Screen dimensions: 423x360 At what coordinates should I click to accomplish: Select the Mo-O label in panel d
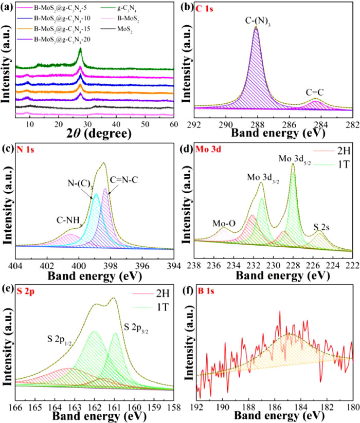click(x=224, y=223)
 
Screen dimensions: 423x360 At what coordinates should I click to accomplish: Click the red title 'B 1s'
click(x=211, y=292)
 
